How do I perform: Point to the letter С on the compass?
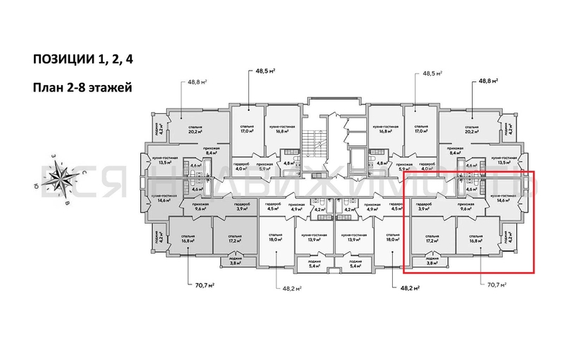pyautogui.click(x=84, y=173)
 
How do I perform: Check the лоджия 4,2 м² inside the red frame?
pyautogui.click(x=509, y=238)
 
